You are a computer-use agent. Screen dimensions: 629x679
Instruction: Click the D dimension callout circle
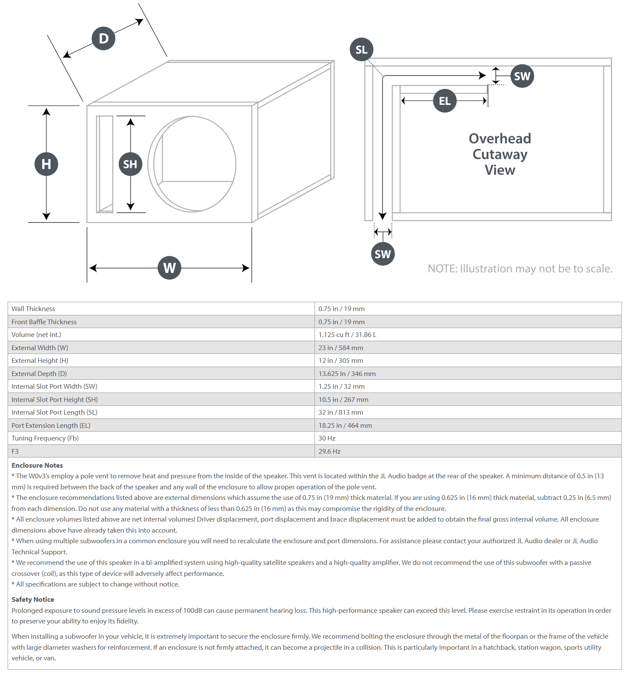104,38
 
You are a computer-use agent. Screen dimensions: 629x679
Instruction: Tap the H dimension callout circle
46,164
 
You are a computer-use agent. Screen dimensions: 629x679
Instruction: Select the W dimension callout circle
169,268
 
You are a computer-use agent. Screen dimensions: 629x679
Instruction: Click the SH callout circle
130,164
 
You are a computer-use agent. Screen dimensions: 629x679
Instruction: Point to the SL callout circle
362,49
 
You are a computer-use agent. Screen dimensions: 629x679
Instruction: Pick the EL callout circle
445,101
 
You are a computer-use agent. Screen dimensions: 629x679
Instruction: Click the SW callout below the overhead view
383,254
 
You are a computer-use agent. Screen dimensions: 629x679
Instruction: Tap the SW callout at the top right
522,76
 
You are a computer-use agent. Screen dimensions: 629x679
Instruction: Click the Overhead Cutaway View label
500,154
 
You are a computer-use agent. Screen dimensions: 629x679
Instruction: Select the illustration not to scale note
520,269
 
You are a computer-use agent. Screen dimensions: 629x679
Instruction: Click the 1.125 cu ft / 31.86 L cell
347,334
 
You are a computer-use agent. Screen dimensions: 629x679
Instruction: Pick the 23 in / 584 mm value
341,348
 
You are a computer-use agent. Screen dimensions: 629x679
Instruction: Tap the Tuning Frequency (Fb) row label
45,438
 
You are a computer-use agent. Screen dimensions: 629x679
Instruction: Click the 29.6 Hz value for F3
329,451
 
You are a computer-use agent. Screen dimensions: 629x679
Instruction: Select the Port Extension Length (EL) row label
51,425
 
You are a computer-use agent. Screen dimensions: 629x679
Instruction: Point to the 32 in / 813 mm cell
341,412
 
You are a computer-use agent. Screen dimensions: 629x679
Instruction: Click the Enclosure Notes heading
37,465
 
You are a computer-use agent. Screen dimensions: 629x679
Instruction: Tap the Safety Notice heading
33,599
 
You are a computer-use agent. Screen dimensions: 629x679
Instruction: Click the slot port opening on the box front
104,164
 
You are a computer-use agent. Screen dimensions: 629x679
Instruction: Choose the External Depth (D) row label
39,373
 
